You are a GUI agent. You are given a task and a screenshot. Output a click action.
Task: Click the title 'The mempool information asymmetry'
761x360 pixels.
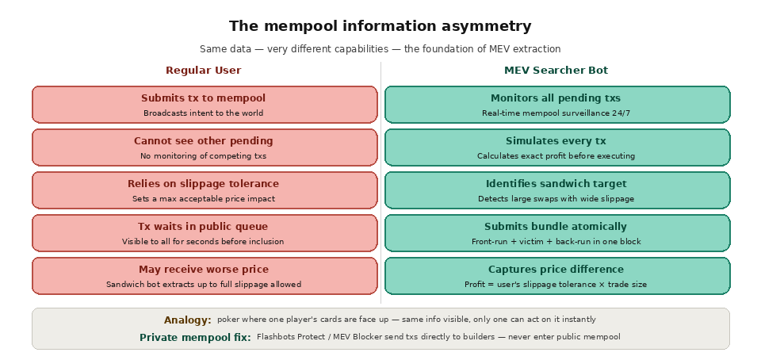coord(380,26)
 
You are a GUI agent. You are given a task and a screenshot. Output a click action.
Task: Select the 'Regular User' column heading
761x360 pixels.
coord(204,71)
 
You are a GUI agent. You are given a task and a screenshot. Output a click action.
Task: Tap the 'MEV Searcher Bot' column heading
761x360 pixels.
coord(556,71)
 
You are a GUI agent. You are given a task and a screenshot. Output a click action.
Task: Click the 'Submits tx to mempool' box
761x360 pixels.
coord(205,105)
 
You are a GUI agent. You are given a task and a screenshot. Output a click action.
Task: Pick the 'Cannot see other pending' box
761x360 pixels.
coord(205,147)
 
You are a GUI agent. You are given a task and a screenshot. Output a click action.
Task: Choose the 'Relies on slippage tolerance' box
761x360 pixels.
coord(205,190)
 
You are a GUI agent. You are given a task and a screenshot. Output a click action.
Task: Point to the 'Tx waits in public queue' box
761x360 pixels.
coord(205,233)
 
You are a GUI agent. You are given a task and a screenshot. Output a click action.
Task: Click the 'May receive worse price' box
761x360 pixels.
coord(205,276)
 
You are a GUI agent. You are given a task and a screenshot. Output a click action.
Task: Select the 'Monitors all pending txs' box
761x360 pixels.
coord(556,105)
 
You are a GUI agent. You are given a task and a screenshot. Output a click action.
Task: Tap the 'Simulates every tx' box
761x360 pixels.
coord(556,147)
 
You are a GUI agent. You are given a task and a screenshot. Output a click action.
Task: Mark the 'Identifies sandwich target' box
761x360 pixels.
coord(556,190)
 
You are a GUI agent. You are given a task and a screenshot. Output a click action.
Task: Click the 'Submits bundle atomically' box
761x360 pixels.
coord(556,233)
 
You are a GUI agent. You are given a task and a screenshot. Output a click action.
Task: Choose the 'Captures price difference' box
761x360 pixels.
coord(556,276)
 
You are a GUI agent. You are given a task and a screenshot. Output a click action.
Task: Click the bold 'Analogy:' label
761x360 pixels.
coord(188,320)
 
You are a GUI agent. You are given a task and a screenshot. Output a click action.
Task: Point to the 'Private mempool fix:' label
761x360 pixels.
coord(195,338)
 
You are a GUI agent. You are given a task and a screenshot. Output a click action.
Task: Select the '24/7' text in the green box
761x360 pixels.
coord(621,113)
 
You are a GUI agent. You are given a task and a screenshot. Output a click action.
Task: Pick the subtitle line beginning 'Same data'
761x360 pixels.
coord(380,49)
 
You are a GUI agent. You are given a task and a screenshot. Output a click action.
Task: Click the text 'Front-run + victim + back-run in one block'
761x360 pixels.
coord(556,242)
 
